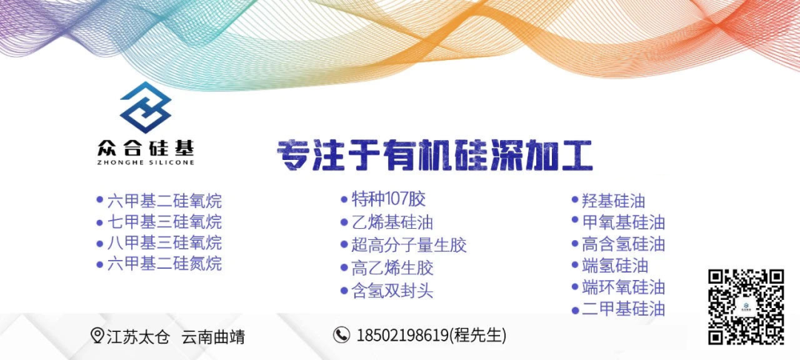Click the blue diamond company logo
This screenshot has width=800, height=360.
(145, 107)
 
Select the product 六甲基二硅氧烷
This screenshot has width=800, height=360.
(164, 201)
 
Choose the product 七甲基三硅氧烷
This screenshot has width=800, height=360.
(164, 222)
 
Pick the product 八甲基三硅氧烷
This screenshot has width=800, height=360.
(164, 243)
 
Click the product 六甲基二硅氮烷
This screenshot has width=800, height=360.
(164, 264)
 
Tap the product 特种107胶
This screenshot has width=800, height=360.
(388, 199)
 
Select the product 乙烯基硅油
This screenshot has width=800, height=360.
(393, 223)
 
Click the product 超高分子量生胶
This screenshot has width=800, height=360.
(409, 245)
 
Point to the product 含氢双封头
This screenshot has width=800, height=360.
(393, 291)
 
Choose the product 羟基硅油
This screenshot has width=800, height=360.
(614, 201)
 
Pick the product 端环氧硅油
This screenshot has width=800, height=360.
(624, 287)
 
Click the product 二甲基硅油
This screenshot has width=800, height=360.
(624, 309)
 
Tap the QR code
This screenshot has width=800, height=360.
(746, 307)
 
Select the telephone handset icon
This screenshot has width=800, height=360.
(341, 335)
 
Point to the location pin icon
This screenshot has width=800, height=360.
(97, 336)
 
